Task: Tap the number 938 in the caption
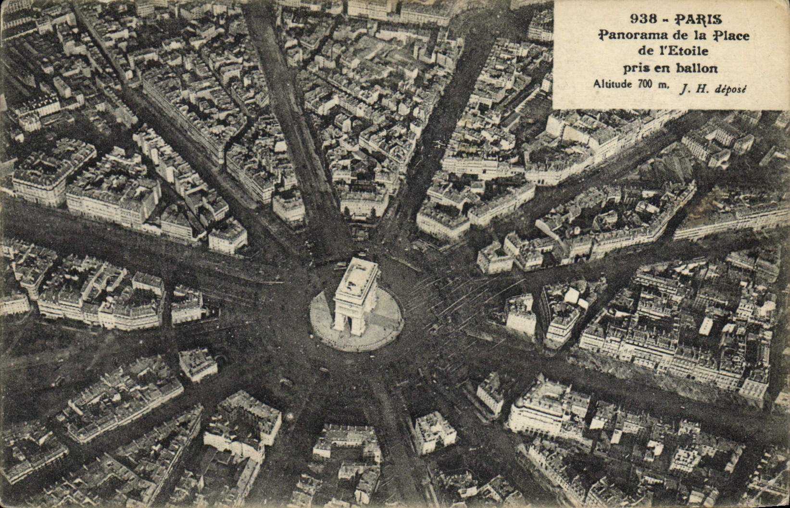click(x=643, y=19)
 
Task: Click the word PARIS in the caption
click(x=698, y=20)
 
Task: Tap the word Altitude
click(x=614, y=84)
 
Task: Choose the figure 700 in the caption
click(x=645, y=84)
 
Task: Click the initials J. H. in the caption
click(x=689, y=88)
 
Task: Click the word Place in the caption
click(x=732, y=35)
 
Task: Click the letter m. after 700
click(x=662, y=85)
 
